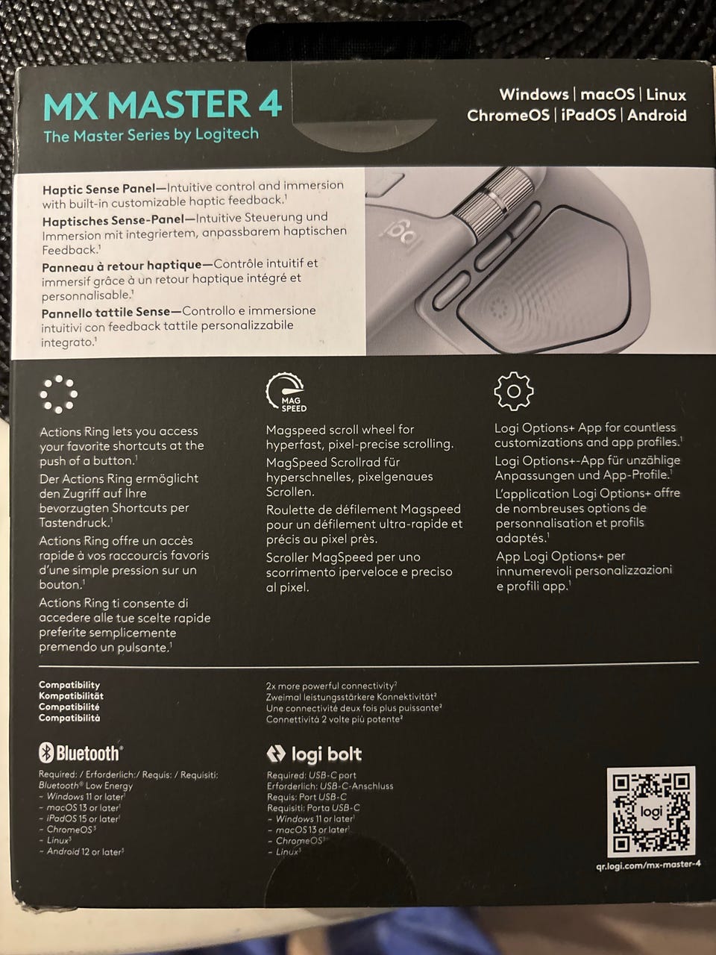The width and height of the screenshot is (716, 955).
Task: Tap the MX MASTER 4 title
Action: (x=162, y=104)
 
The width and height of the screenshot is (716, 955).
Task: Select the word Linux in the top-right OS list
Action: (x=666, y=95)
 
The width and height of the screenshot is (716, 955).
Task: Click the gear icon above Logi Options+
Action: (x=514, y=391)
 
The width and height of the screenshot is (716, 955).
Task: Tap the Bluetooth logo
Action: (x=81, y=753)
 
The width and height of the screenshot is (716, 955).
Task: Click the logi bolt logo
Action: (x=314, y=754)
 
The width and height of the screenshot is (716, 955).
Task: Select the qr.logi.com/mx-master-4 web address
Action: (x=648, y=865)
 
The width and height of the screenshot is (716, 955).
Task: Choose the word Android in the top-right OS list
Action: (x=656, y=115)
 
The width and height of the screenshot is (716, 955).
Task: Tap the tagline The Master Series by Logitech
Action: (x=151, y=135)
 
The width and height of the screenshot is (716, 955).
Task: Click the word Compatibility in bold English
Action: (x=69, y=685)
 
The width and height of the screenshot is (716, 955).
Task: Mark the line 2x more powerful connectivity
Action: (x=331, y=686)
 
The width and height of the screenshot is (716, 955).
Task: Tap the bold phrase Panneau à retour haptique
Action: (x=122, y=265)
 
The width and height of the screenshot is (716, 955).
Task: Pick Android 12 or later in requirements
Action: (x=85, y=851)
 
